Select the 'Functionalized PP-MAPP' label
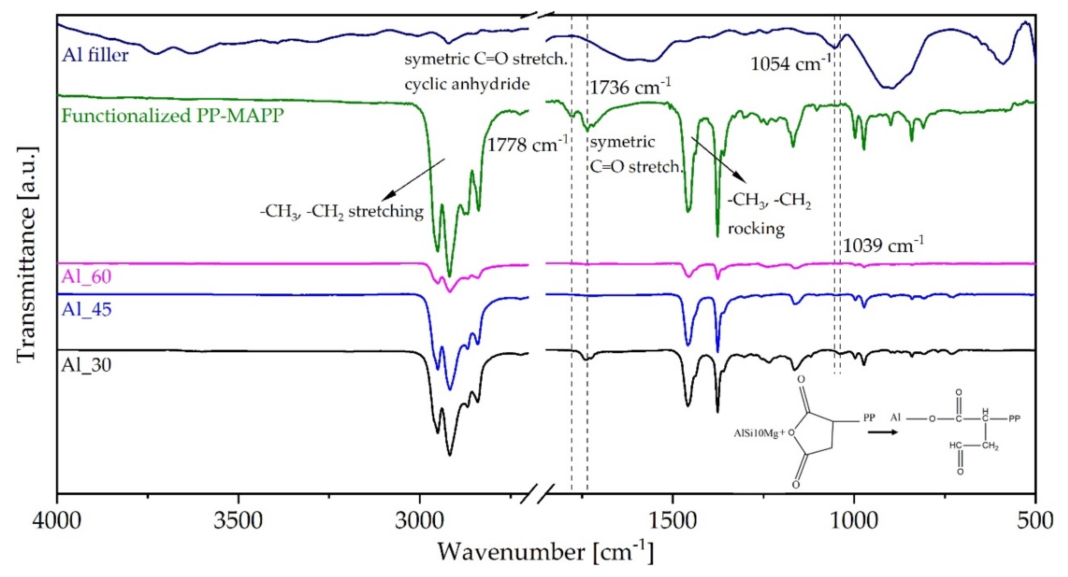[173, 115]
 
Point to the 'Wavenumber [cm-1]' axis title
[545, 552]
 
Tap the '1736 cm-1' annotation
[630, 87]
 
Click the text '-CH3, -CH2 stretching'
[341, 212]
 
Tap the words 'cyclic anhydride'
[467, 84]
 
